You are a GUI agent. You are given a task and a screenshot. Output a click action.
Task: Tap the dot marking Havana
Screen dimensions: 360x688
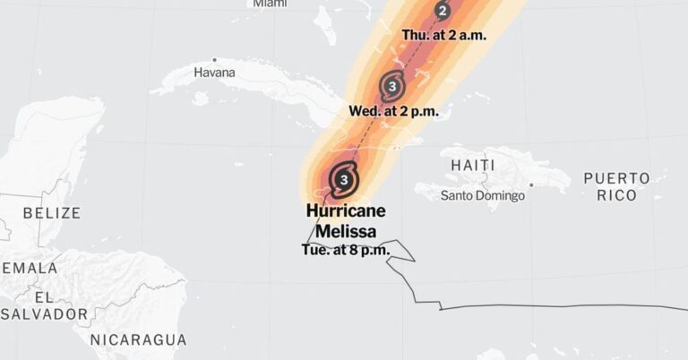tap(214, 60)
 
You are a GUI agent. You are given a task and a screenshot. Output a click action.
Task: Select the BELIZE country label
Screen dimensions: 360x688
tap(51, 213)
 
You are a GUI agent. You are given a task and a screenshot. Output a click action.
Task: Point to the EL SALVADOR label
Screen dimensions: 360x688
tap(45, 305)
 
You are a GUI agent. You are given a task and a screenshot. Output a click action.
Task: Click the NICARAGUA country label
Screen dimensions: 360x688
tap(139, 339)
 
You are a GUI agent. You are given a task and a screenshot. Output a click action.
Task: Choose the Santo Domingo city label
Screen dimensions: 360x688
tap(481, 195)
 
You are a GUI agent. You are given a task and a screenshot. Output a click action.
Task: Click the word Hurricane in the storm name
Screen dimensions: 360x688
tap(346, 211)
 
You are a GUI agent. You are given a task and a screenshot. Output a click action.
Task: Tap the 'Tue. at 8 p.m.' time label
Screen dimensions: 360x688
tap(345, 249)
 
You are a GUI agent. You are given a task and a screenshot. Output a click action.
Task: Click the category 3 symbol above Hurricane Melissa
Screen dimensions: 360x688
tap(345, 179)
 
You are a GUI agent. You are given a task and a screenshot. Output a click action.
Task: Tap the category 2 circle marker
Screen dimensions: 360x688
tap(443, 11)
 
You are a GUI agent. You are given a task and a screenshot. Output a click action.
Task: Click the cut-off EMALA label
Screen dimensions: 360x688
tap(29, 268)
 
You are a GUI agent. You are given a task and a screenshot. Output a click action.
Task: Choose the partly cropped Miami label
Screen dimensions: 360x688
tap(270, 4)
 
